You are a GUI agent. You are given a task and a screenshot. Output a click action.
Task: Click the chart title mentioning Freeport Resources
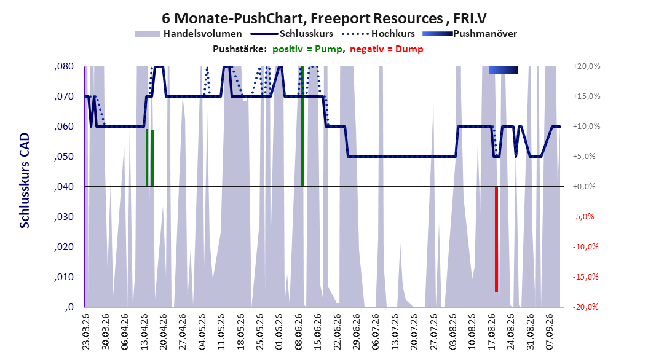324,18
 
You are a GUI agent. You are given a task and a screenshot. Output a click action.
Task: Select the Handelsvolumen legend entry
189,34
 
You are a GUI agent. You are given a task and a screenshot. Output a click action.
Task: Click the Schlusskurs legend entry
292,34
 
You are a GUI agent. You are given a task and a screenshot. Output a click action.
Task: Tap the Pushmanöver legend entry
470,34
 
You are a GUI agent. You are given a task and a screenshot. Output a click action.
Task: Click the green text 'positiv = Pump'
307,49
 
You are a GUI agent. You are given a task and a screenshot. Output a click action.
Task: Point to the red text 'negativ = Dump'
387,49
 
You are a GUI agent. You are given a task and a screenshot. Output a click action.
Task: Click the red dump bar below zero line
496,239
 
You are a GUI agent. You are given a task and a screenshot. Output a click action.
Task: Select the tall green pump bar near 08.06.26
302,126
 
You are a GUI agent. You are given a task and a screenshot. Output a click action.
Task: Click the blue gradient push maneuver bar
504,70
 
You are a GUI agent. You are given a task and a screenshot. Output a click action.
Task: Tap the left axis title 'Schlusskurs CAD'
25,181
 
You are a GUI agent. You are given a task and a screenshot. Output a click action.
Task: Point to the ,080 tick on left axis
64,66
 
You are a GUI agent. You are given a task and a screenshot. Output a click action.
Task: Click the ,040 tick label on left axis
64,187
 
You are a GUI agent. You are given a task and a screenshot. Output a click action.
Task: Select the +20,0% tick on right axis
586,66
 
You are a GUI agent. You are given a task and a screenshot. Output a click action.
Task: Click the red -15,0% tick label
585,277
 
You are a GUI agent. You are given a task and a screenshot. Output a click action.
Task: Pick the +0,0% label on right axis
584,187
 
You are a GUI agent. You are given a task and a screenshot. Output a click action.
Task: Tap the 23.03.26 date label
86,332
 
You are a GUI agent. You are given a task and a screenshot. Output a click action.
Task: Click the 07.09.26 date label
549,332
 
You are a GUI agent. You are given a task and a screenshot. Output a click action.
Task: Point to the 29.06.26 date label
356,332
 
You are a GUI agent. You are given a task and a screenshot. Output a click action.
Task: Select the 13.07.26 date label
395,332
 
